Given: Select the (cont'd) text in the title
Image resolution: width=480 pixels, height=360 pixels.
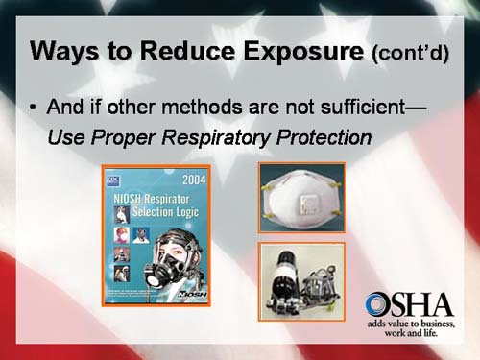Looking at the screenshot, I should pyautogui.click(x=410, y=53).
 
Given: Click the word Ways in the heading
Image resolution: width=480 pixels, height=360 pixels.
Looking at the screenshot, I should pyautogui.click(x=66, y=50).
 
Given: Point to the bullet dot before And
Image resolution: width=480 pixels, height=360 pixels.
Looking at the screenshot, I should pyautogui.click(x=34, y=107).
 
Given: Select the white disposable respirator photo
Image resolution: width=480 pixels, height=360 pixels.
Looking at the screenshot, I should pyautogui.click(x=300, y=198).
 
